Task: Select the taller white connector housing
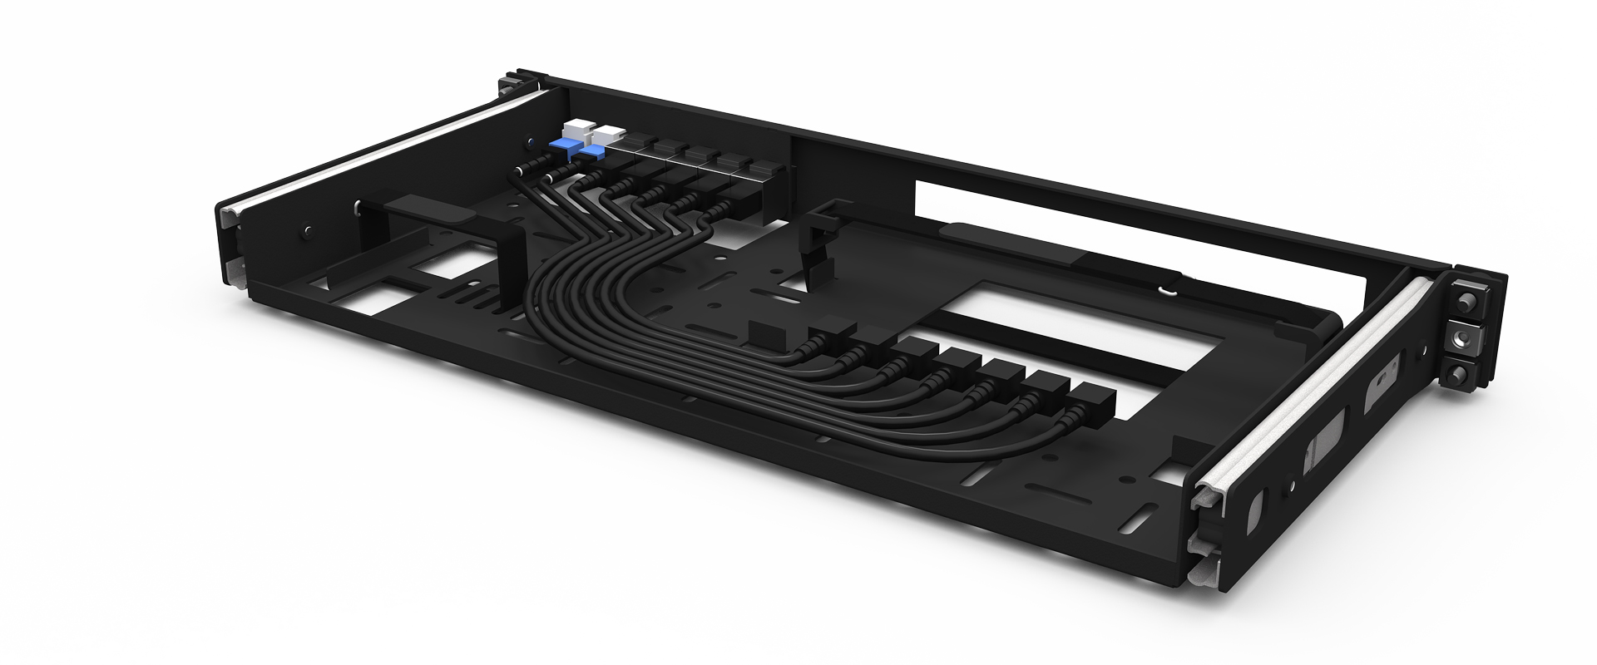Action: [576, 131]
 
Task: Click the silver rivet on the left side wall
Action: [309, 228]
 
